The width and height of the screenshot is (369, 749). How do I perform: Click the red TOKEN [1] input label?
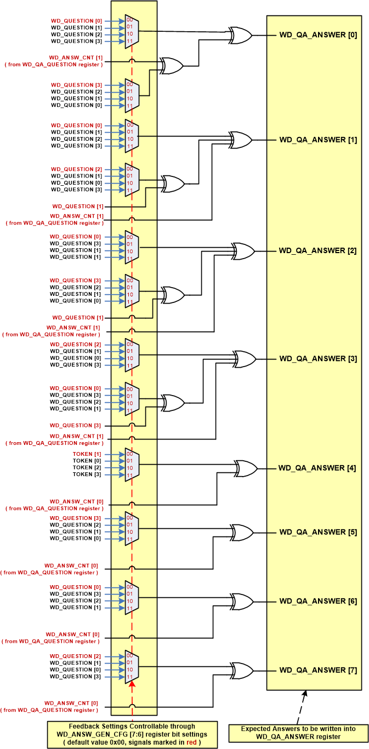(x=87, y=454)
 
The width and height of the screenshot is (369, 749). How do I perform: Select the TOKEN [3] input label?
(x=87, y=474)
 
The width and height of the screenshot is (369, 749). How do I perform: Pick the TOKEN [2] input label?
(x=87, y=468)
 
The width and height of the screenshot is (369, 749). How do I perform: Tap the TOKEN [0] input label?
(x=87, y=461)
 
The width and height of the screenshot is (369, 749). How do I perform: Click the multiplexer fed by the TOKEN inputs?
(x=132, y=465)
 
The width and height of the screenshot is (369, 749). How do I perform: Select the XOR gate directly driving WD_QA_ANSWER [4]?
(x=245, y=468)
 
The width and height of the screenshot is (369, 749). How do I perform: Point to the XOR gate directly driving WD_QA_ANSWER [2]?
(x=243, y=251)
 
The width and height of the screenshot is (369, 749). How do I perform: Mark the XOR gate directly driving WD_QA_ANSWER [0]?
(x=241, y=35)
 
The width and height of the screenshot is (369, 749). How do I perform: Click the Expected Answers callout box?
(x=299, y=733)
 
